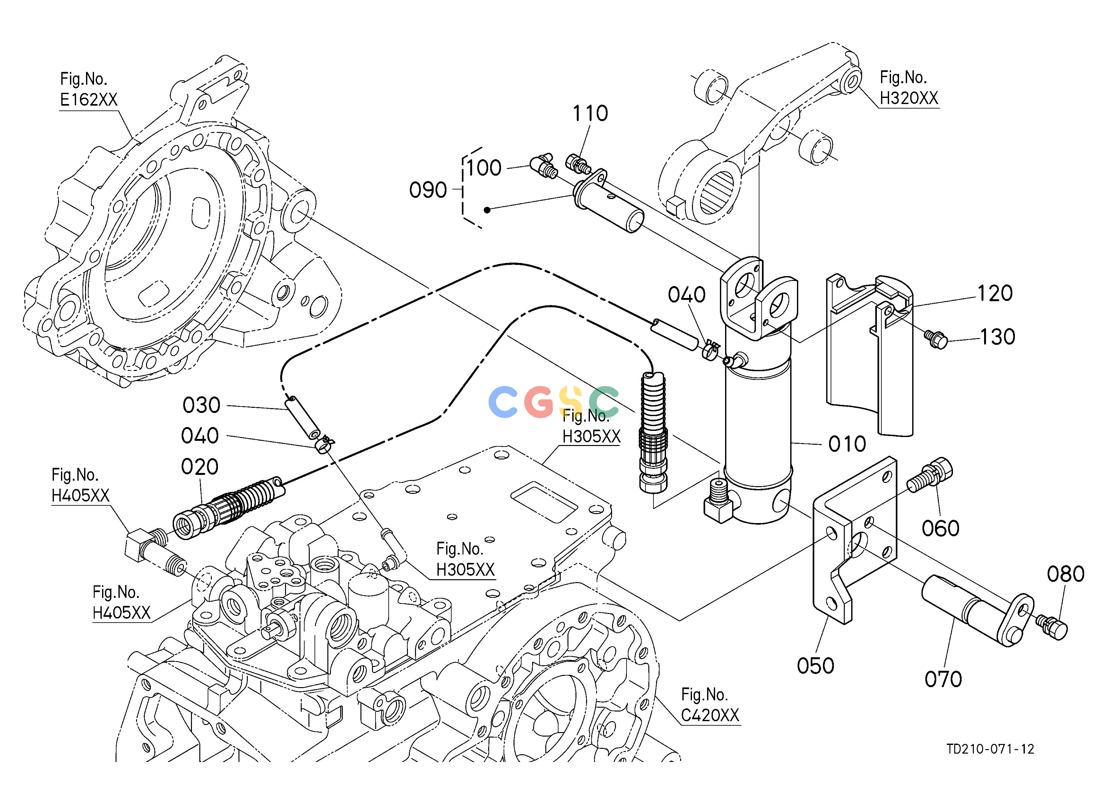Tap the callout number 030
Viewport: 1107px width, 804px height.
click(x=202, y=405)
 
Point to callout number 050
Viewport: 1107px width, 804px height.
click(x=816, y=665)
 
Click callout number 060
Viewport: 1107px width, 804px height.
click(x=940, y=528)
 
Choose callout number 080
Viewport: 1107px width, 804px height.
click(x=1066, y=574)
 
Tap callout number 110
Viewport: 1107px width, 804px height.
click(x=590, y=113)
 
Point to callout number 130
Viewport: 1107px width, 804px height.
click(x=998, y=337)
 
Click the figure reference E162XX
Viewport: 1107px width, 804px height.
click(x=89, y=100)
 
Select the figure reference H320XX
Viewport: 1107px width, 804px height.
click(x=909, y=99)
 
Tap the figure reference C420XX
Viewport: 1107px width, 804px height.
click(x=710, y=716)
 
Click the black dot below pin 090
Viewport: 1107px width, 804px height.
click(x=487, y=210)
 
